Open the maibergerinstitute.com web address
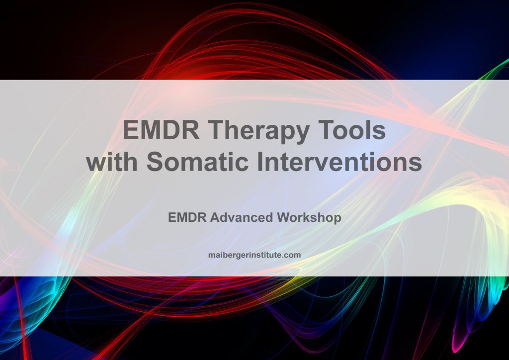254,255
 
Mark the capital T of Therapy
217,132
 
